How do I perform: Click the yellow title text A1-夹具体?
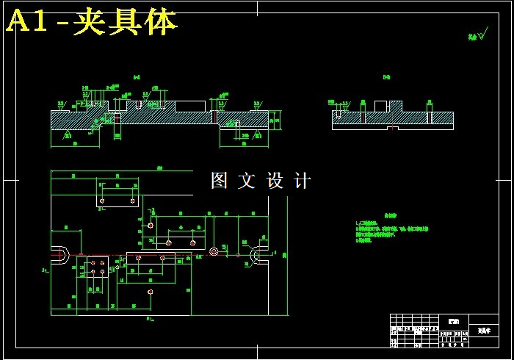tap(92, 23)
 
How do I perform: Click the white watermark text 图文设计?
tap(261, 181)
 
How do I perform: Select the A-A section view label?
tap(137, 77)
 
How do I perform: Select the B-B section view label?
tap(386, 77)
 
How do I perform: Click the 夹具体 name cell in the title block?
tap(482, 331)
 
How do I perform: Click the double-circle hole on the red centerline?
tap(214, 252)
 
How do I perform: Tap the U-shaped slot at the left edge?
tap(61, 255)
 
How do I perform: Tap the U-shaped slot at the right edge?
tap(259, 254)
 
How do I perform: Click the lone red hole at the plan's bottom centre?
tap(150, 292)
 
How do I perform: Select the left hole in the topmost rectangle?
tap(101, 201)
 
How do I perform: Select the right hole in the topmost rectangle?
tap(132, 201)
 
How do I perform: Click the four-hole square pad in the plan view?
tap(98, 267)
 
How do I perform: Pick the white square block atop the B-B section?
tap(380, 106)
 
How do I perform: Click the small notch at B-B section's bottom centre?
tap(392, 128)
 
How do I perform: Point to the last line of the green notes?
tap(365, 240)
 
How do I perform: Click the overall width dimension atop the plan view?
tap(159, 169)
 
